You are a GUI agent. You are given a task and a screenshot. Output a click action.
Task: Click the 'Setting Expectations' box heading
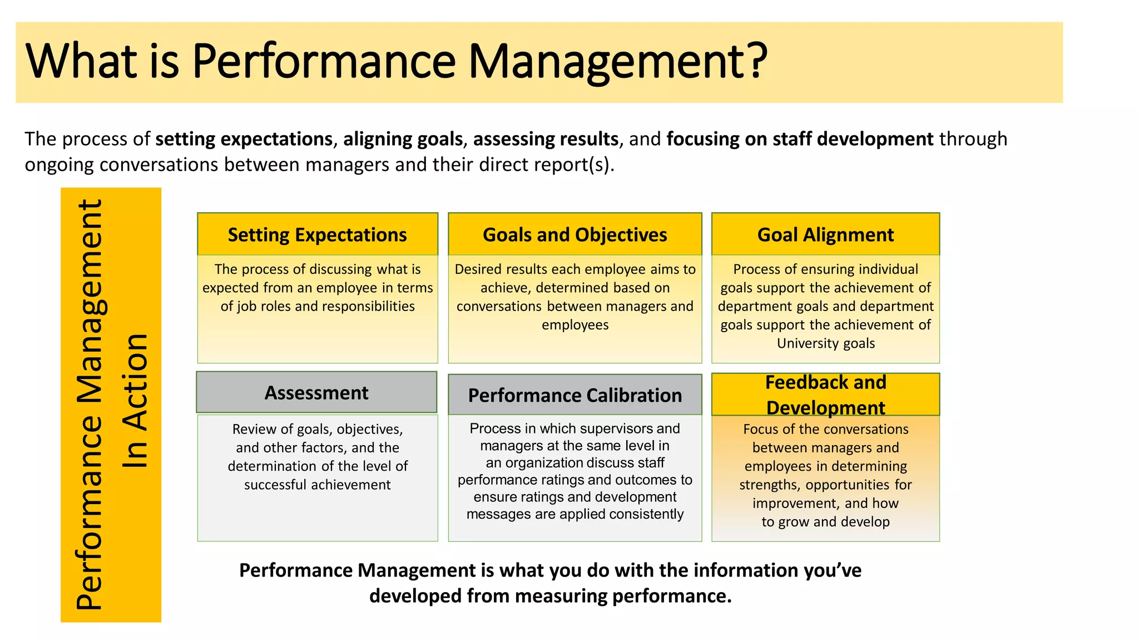(317, 235)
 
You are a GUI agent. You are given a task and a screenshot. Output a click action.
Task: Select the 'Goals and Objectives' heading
(575, 235)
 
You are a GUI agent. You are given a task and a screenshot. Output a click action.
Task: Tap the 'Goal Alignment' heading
(825, 235)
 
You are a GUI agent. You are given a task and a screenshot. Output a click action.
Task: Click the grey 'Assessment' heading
(316, 393)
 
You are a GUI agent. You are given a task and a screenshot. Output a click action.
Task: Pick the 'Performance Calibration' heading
(575, 395)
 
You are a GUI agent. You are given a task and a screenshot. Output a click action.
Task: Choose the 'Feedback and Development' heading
(825, 395)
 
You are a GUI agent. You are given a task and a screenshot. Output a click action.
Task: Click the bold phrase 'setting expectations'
(244, 139)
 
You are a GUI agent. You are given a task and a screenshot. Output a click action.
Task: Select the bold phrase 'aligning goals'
(403, 139)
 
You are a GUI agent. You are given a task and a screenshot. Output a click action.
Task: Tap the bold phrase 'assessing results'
(546, 139)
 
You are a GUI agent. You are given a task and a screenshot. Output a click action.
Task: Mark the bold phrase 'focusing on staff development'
(800, 139)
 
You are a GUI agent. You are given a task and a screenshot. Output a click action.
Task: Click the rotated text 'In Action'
(135, 401)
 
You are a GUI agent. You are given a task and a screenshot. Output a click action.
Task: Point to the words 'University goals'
(825, 343)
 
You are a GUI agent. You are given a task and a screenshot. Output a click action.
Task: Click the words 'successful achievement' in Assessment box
(317, 485)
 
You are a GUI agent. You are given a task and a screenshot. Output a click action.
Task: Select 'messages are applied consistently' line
(575, 514)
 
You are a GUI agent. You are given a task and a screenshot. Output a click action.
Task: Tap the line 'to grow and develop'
(825, 522)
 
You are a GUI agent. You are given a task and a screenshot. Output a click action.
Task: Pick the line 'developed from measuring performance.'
(550, 596)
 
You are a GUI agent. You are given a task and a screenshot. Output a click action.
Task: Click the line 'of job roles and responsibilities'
(317, 306)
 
